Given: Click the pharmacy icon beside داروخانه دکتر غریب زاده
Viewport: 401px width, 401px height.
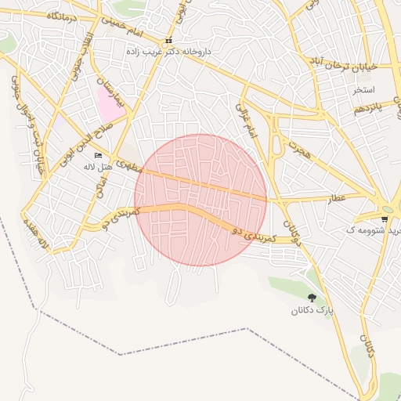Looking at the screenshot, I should click(x=168, y=41).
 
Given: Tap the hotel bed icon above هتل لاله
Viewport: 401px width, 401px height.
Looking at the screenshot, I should click(x=98, y=155).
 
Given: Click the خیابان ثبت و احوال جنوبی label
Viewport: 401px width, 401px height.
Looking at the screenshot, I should click(x=35, y=136).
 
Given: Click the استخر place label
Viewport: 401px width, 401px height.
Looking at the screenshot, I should click(x=365, y=89).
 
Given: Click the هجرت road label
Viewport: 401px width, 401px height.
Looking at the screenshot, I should click(x=298, y=150).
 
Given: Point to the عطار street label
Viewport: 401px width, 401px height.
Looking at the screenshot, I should click(x=338, y=199).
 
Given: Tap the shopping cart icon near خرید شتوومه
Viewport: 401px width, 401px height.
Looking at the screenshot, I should click(x=384, y=219).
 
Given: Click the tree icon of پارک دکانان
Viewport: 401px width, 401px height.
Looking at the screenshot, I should click(x=312, y=298).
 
